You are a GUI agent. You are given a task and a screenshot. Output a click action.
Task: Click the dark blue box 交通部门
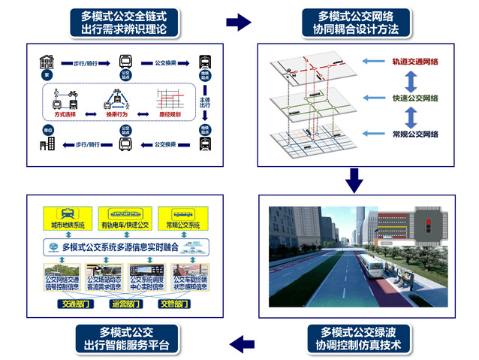coord(74,304)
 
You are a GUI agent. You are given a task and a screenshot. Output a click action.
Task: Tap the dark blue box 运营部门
coord(124,304)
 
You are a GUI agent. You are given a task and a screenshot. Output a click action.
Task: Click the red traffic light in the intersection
coord(425,225)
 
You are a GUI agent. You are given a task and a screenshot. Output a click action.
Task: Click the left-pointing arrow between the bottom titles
coord(240,344)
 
